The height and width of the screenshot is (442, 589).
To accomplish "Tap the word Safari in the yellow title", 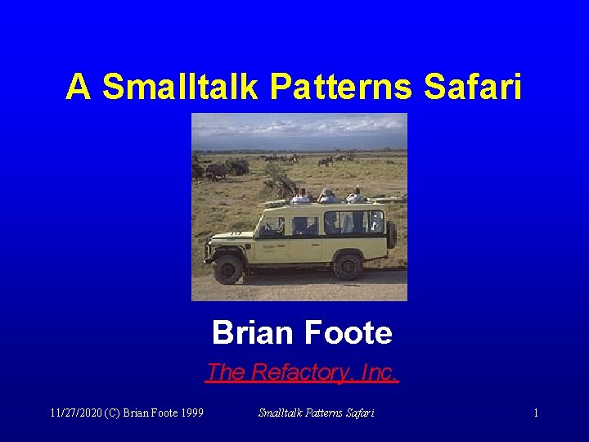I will (x=472, y=87).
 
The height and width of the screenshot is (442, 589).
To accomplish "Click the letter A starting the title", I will (x=78, y=87).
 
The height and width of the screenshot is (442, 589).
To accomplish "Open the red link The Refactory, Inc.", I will (x=302, y=372).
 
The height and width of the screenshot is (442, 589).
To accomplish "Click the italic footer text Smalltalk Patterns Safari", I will (x=316, y=413).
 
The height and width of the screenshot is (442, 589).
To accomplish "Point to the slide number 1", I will (x=536, y=413).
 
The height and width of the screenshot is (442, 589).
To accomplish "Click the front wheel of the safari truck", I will (x=227, y=268).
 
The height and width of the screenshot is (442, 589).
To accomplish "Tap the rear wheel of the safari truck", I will (x=348, y=264).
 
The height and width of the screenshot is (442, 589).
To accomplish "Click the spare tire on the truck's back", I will (x=391, y=235).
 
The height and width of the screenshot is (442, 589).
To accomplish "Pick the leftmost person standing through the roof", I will (x=300, y=196).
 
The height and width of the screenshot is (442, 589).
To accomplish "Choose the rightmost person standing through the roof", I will (x=355, y=195).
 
